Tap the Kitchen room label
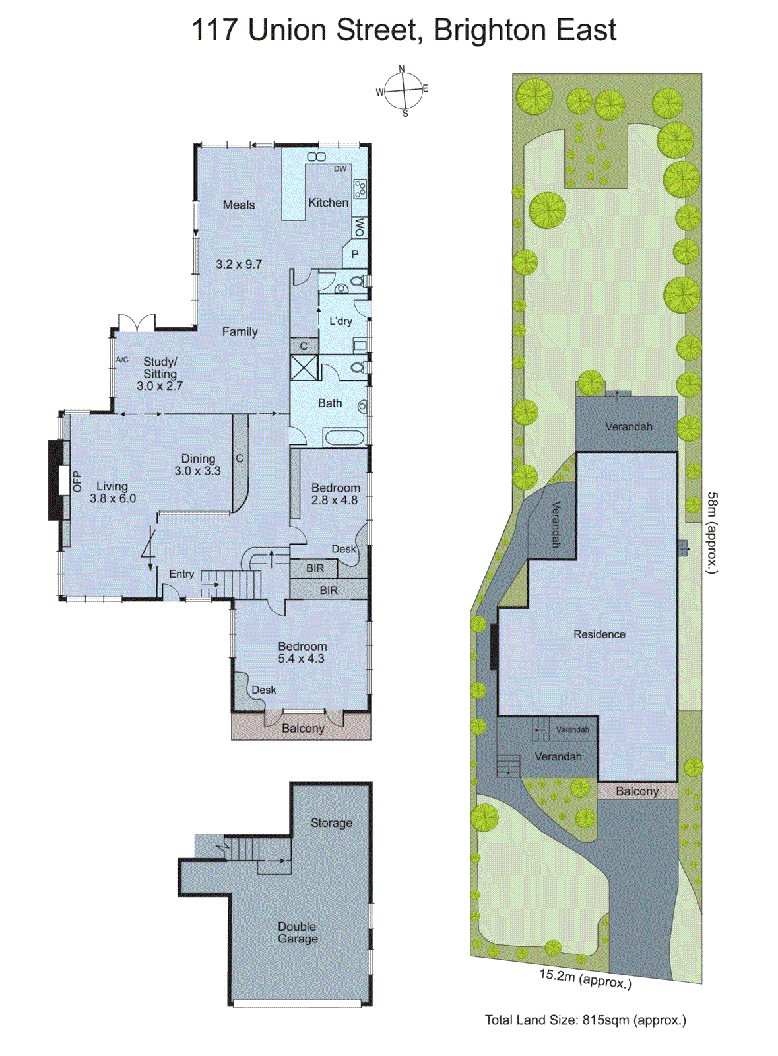pyautogui.click(x=328, y=203)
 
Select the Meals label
pyautogui.click(x=238, y=205)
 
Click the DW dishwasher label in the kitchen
pyautogui.click(x=340, y=169)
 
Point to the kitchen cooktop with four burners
pyautogui.click(x=360, y=189)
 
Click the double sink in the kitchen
pyautogui.click(x=317, y=156)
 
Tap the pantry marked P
pyautogui.click(x=354, y=254)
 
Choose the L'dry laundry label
pyautogui.click(x=340, y=321)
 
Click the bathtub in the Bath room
pyautogui.click(x=344, y=437)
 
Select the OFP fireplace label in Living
pyautogui.click(x=77, y=480)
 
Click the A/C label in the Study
pyautogui.click(x=122, y=360)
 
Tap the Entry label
pyautogui.click(x=181, y=574)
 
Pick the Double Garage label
pyautogui.click(x=298, y=933)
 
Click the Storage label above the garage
pyautogui.click(x=331, y=823)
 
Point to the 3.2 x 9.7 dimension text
pyautogui.click(x=239, y=264)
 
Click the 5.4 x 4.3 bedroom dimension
pyautogui.click(x=302, y=659)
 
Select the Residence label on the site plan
pyautogui.click(x=599, y=634)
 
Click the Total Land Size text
pyautogui.click(x=585, y=1020)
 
